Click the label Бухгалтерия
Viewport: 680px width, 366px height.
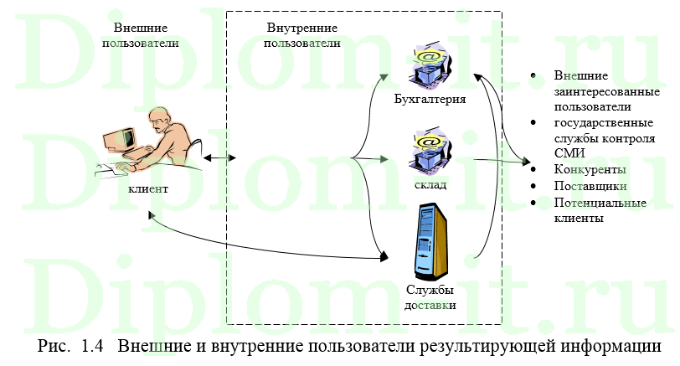(x=429, y=99)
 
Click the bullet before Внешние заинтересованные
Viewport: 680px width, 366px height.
(x=533, y=76)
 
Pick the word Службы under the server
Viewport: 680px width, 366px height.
(x=430, y=290)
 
